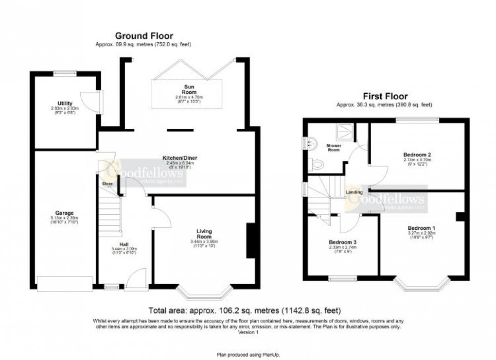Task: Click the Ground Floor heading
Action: click(x=143, y=35)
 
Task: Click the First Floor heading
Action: click(x=384, y=96)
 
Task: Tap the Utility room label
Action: click(x=65, y=103)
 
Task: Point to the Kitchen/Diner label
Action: click(x=180, y=158)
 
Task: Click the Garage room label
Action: click(x=64, y=213)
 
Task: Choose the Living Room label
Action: click(x=205, y=231)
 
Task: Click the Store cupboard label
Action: click(x=107, y=184)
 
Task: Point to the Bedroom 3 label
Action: click(x=342, y=241)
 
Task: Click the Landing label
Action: click(x=354, y=192)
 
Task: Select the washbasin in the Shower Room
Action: click(x=312, y=142)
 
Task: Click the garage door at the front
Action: click(x=65, y=284)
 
